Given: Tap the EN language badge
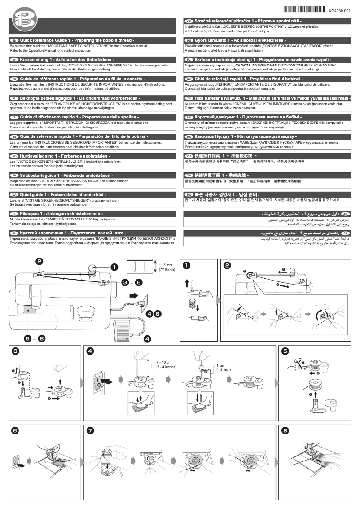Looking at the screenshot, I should click(14, 40).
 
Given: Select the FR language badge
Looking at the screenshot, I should click(14, 78).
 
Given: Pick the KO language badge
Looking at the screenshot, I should click(189, 194).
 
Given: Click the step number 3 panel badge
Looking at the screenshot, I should click(16, 351).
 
